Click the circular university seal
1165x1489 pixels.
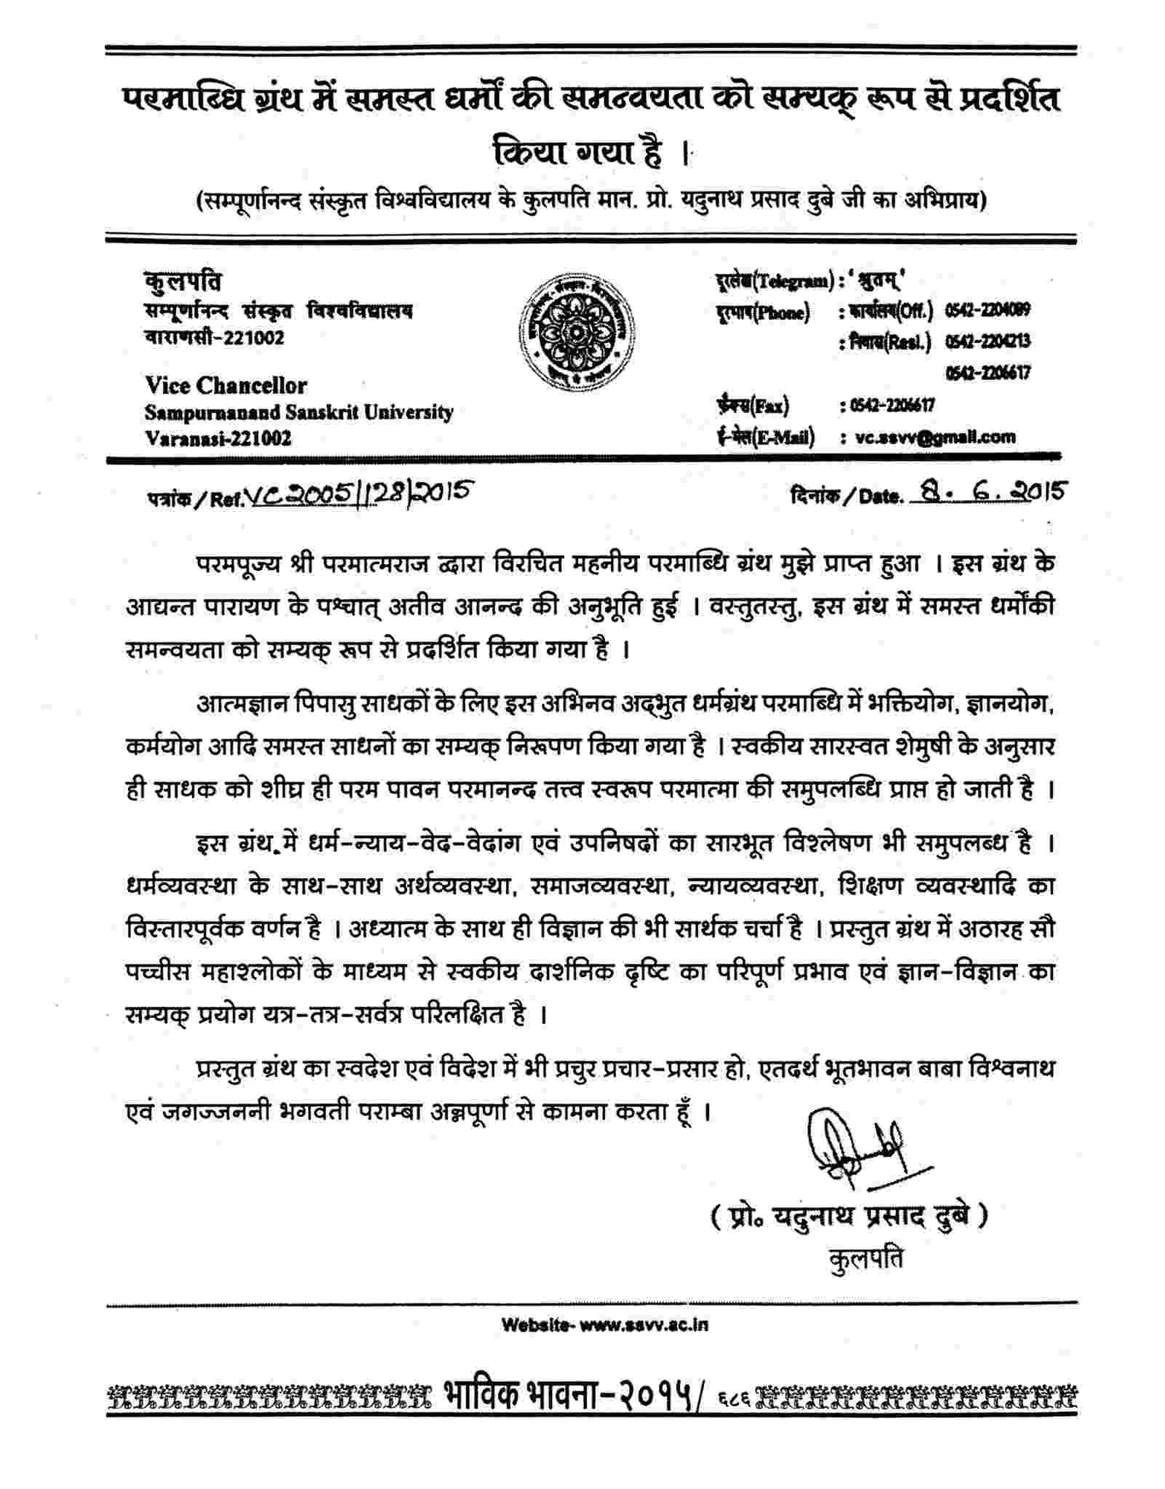(x=575, y=333)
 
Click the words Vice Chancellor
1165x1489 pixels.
(x=226, y=385)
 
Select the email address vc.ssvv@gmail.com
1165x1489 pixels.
(x=935, y=437)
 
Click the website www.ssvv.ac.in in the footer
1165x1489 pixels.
(x=604, y=1324)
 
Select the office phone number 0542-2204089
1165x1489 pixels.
(x=987, y=310)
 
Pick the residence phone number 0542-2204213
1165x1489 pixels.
(x=987, y=341)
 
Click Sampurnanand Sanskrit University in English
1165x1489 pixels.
(x=299, y=413)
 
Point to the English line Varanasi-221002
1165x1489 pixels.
(x=218, y=438)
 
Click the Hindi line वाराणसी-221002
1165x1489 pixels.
(x=214, y=338)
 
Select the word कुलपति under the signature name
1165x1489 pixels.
(x=866, y=1258)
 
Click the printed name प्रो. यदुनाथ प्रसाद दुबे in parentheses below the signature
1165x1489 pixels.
(x=850, y=1215)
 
